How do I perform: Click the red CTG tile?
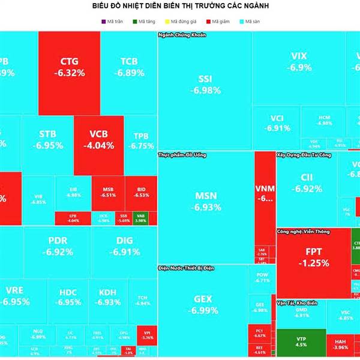[x=69, y=66]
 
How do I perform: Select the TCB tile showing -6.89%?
[x=128, y=66]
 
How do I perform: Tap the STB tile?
[x=47, y=139]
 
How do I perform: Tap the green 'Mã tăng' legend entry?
[x=143, y=22]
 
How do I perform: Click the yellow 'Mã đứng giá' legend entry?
[x=179, y=22]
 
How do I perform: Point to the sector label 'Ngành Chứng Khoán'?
[x=182, y=35]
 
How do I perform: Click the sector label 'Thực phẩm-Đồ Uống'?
[x=182, y=155]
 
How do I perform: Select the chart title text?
[x=180, y=6]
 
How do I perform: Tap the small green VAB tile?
[x=141, y=218]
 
